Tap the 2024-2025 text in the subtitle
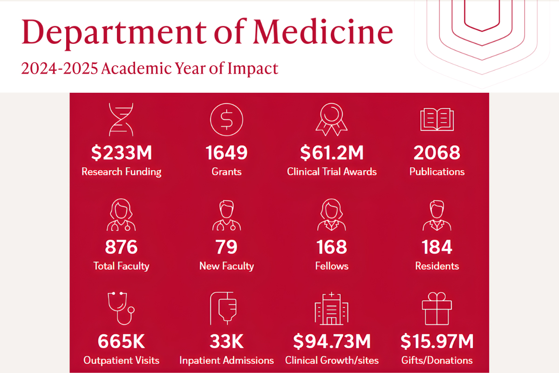(60, 69)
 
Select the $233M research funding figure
(121, 152)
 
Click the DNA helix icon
(121, 118)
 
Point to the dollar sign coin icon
(226, 119)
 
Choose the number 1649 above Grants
(226, 152)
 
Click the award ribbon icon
(331, 118)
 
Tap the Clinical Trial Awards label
(332, 172)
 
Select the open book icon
(436, 119)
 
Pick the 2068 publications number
(437, 152)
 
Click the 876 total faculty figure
(121, 247)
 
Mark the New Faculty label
(226, 266)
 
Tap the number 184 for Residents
(437, 247)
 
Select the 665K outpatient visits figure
(121, 341)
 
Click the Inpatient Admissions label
(226, 360)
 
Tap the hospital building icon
(331, 309)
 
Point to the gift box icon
(436, 308)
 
